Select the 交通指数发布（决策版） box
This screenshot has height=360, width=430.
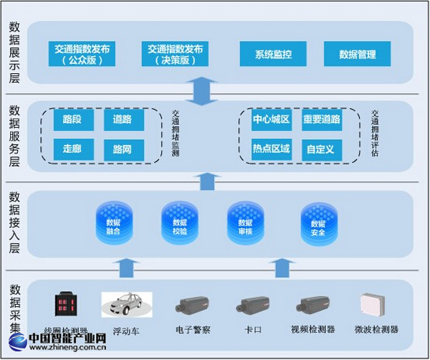176,54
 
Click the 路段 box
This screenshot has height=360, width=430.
73,120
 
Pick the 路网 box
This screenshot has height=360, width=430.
123,150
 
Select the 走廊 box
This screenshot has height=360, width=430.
73,150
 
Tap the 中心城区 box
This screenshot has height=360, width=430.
271,120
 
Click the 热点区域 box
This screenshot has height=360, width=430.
271,149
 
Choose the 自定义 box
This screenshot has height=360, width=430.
320,149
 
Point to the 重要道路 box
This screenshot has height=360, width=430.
320,120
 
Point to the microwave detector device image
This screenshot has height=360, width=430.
376,305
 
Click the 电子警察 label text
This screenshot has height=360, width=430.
192,330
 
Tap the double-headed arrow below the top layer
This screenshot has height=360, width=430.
205,90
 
